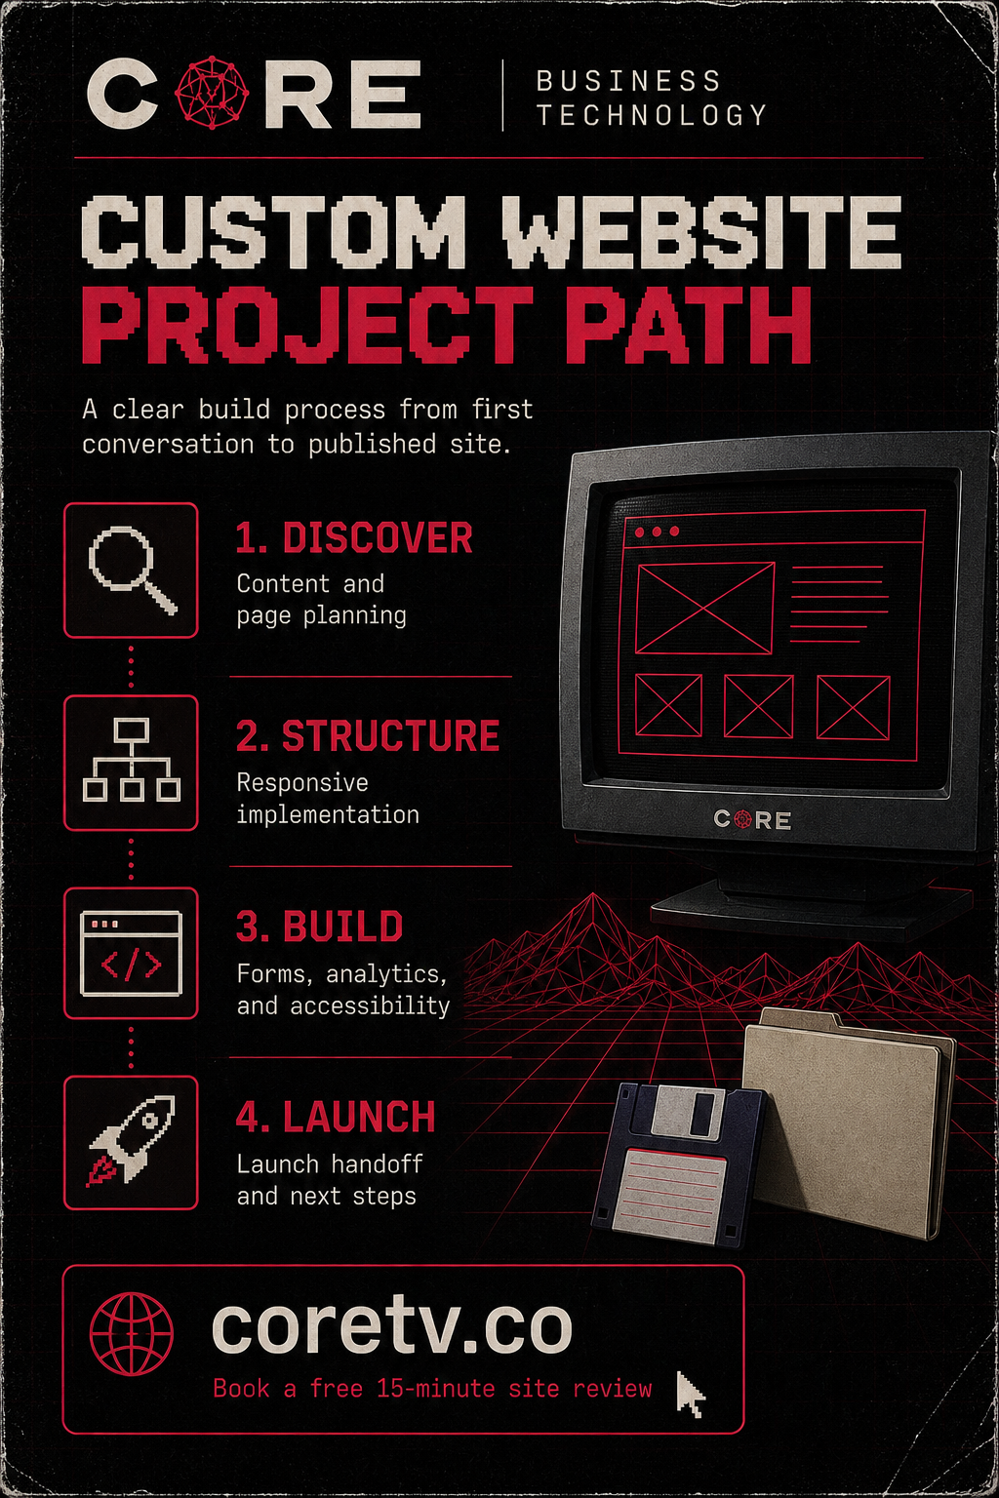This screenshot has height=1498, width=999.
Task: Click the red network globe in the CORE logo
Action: pos(212,93)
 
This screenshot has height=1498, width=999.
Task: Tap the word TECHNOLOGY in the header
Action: pos(652,115)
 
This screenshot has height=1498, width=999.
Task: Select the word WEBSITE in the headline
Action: pos(701,231)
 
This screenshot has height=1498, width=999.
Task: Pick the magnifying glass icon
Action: pos(133,570)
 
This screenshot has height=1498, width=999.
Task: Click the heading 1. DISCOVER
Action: pos(354,537)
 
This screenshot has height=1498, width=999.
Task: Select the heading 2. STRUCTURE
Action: pos(368,735)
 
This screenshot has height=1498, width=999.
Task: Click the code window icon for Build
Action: pos(131,954)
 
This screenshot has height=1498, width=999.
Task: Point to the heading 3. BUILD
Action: pos(319,926)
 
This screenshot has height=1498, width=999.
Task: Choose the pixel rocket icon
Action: pos(131,1141)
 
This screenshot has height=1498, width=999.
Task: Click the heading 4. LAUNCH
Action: pos(336,1117)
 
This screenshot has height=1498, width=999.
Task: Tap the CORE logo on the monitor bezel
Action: pos(752,820)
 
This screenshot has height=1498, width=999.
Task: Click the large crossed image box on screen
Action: pos(704,608)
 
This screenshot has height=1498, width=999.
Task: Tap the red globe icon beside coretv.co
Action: pos(132,1332)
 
